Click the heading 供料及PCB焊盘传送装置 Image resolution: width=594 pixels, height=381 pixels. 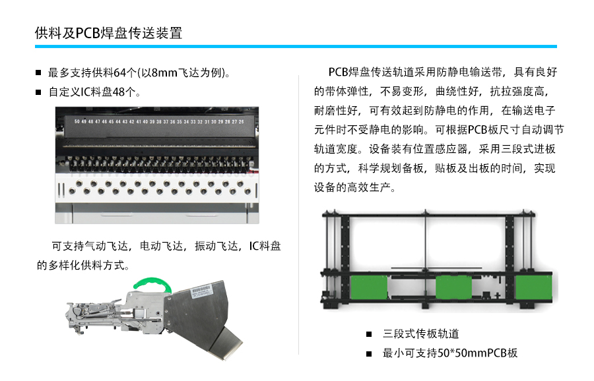click(x=109, y=34)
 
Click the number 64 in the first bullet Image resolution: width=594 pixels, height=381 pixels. click(x=119, y=73)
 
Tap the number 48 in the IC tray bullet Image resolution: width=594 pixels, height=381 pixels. click(x=119, y=92)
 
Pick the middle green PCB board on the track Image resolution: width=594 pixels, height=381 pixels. click(x=454, y=287)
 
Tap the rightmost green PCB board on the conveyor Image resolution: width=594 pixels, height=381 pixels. click(x=534, y=287)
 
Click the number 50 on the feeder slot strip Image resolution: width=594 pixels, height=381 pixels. click(x=77, y=121)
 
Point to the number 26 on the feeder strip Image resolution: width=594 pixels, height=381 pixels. click(x=242, y=121)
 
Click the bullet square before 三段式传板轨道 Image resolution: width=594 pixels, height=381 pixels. click(x=369, y=334)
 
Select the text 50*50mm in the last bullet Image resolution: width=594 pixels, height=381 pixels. click(x=462, y=353)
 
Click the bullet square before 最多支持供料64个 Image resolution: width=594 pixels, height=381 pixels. click(x=38, y=73)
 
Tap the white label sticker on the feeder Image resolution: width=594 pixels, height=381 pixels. click(x=201, y=291)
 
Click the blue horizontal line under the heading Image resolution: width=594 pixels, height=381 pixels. click(x=296, y=47)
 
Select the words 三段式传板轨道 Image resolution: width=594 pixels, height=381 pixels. click(x=420, y=334)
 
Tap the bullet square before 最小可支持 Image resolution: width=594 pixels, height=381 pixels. click(x=369, y=354)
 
